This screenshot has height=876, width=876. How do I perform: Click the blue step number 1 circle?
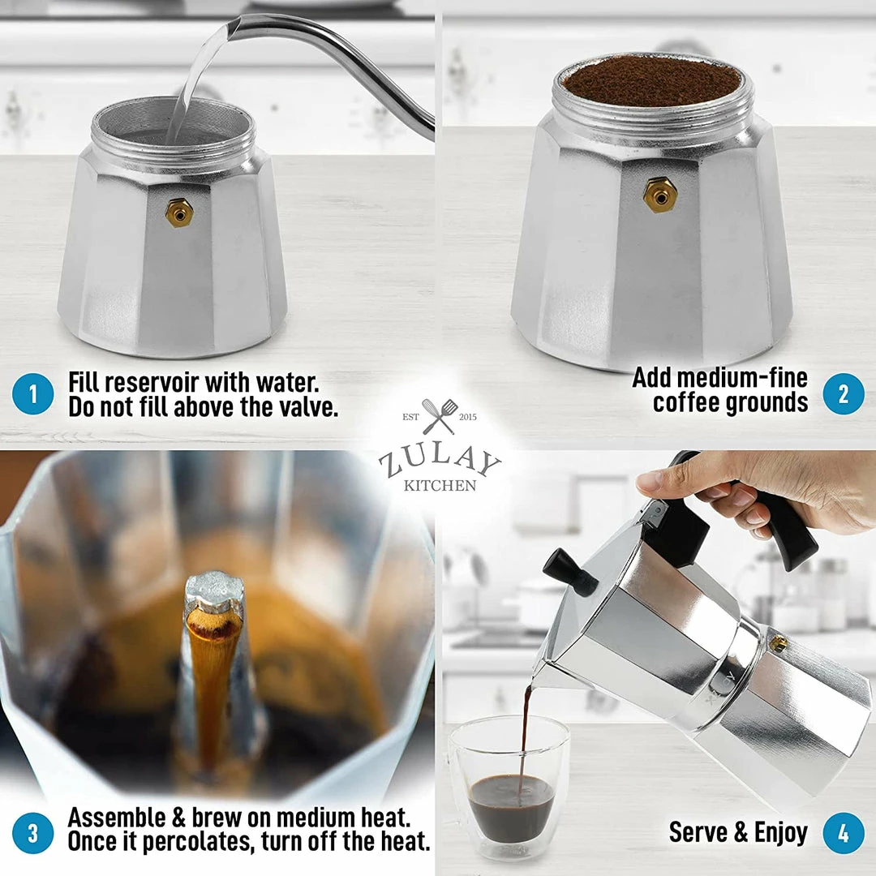(x=33, y=395)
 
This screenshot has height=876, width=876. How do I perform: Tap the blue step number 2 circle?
(x=843, y=394)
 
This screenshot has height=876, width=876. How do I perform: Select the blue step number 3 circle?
(x=33, y=833)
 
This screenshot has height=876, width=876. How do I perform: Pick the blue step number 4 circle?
(x=843, y=833)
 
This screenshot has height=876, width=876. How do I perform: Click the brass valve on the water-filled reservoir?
(x=178, y=213)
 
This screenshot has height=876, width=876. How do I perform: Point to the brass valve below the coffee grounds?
(x=660, y=194)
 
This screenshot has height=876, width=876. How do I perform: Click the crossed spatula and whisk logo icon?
(x=439, y=417)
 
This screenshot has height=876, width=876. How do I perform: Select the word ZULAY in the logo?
(x=439, y=465)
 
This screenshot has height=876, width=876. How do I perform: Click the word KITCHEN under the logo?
(x=439, y=486)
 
